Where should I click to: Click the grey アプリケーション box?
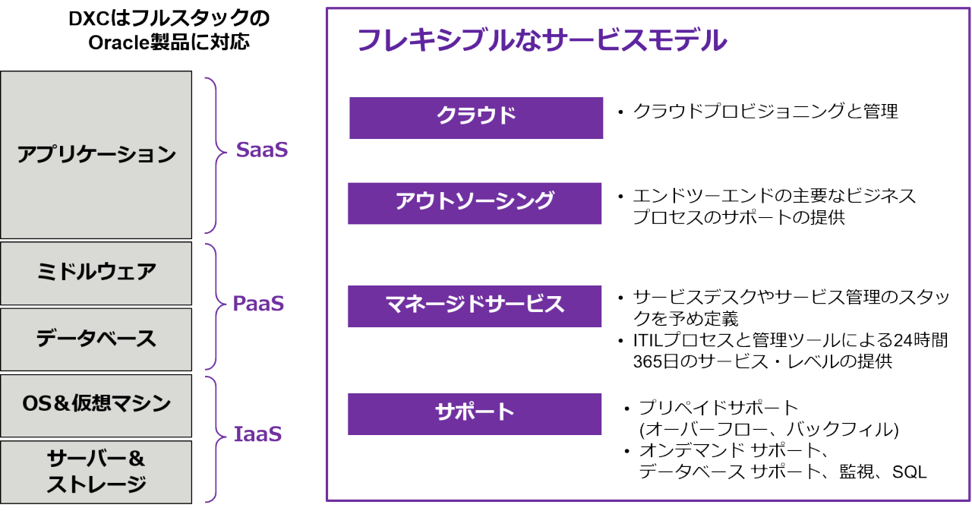coord(96,155)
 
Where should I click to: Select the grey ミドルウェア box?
coord(96,273)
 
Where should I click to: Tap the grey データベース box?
coord(96,338)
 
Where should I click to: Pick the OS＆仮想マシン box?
coord(96,403)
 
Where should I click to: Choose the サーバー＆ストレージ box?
coord(96,471)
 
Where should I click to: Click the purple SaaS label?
coord(262,150)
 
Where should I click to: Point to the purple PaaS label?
coord(258,304)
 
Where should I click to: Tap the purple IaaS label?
coord(258,435)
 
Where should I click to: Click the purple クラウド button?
coord(476,116)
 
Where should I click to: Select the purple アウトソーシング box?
coord(475,202)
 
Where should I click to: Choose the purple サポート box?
coord(475,413)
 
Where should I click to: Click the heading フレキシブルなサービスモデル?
coord(541,41)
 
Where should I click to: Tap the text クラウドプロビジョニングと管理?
coord(765,112)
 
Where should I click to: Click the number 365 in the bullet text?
coord(648,361)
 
